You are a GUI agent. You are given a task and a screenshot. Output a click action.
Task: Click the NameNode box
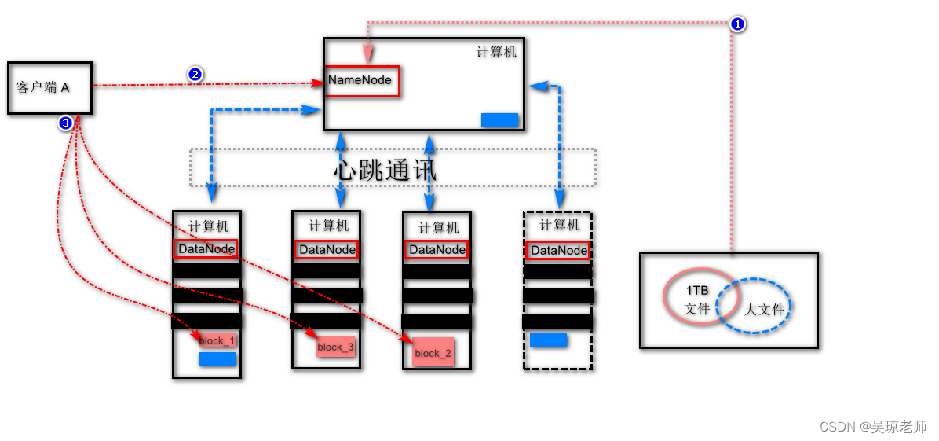(x=362, y=81)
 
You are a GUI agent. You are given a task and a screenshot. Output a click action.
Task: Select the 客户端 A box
(x=49, y=88)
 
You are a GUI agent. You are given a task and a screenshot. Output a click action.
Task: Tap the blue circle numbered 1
(x=737, y=24)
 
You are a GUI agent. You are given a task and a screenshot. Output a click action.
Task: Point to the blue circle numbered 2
(x=195, y=75)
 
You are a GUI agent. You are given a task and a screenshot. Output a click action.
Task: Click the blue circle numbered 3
(x=65, y=123)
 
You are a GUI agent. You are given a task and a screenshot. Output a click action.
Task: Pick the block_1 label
(x=217, y=340)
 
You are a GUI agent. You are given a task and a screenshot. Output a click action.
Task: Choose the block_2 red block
(x=433, y=353)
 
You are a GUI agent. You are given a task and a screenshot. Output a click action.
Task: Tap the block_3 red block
(x=336, y=347)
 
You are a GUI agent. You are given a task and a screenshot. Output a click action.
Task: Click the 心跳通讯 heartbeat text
(x=385, y=169)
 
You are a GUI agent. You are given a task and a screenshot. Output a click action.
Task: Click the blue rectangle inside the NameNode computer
(x=499, y=119)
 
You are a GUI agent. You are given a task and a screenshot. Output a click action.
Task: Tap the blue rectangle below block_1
(x=217, y=358)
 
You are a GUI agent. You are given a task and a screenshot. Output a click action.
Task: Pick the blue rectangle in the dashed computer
(x=548, y=340)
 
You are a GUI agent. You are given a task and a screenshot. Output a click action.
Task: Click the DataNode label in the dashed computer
(x=558, y=251)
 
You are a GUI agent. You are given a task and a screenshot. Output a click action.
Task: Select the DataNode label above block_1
(x=206, y=249)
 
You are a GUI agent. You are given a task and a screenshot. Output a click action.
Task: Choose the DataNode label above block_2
(x=437, y=249)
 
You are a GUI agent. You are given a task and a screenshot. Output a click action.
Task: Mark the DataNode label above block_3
(x=327, y=249)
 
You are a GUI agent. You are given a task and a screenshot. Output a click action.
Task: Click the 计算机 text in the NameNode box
(x=496, y=52)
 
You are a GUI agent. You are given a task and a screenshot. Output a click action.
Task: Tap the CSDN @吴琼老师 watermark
(x=872, y=426)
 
